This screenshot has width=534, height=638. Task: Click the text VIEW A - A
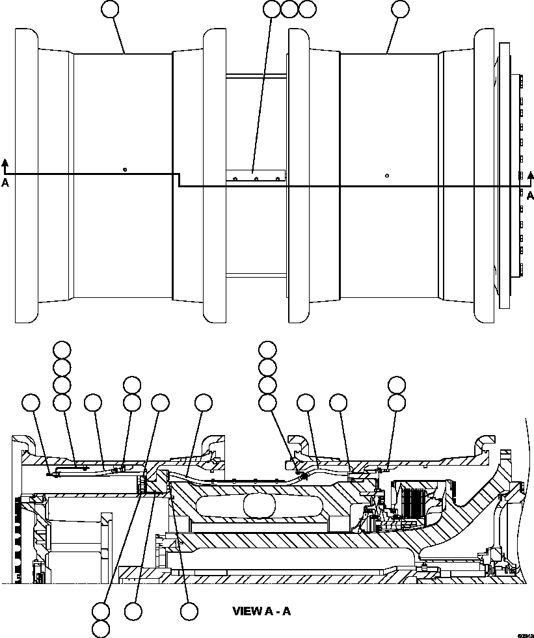(261, 611)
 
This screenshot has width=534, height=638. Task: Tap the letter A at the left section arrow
(5, 183)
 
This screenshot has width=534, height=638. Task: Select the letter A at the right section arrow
(530, 195)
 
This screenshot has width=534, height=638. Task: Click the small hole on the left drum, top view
(124, 170)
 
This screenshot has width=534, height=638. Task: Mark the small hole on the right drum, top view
(387, 175)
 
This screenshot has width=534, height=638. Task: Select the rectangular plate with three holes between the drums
(256, 176)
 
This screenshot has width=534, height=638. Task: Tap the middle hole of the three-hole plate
(256, 178)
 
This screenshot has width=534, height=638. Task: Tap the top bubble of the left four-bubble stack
(62, 349)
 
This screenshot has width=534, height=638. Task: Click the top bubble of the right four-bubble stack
(267, 349)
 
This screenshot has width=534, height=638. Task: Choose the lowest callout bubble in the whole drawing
(101, 629)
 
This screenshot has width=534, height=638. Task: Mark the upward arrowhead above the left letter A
(5, 162)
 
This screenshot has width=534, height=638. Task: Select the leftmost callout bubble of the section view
(31, 403)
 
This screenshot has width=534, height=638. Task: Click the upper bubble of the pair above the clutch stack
(396, 384)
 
